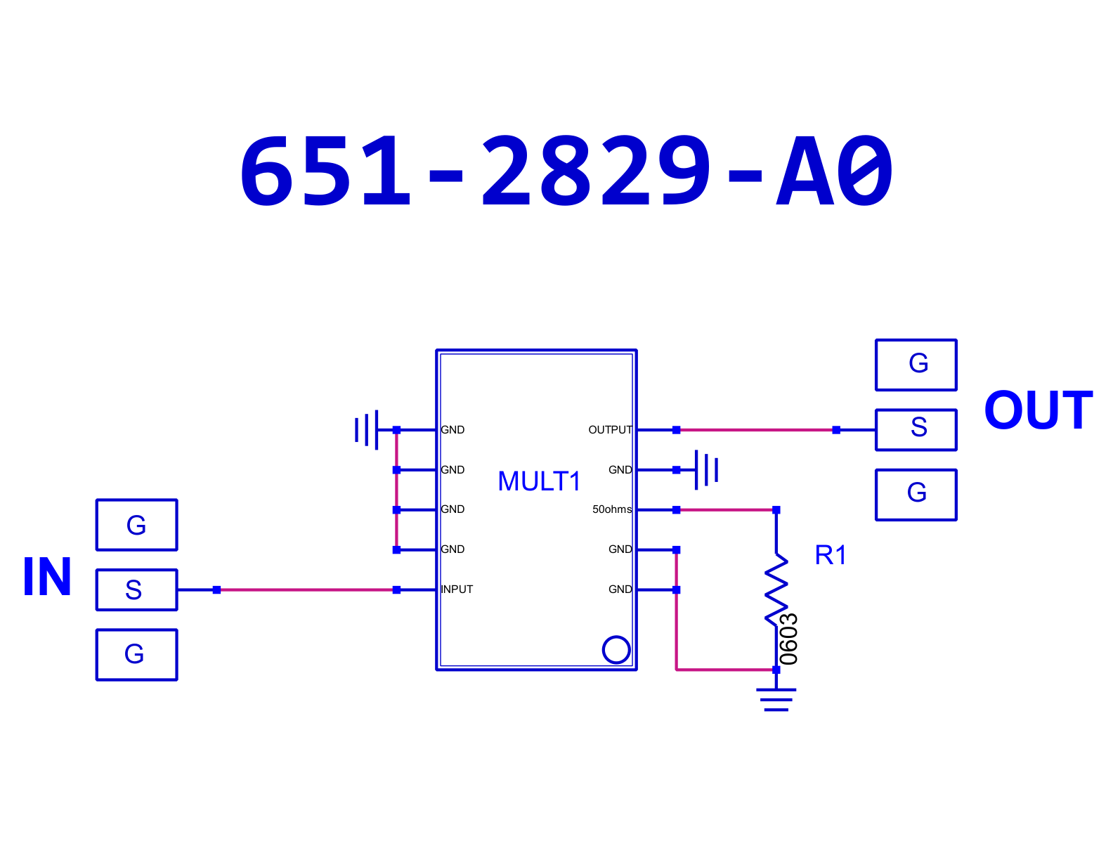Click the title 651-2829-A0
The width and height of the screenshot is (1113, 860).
point(566,170)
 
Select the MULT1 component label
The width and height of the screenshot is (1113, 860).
point(540,481)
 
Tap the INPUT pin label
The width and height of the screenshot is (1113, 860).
point(457,589)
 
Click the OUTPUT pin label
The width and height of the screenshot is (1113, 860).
point(610,430)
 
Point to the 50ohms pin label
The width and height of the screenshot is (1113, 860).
point(612,509)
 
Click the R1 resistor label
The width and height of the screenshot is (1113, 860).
point(831,555)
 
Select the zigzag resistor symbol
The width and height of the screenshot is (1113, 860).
point(776,590)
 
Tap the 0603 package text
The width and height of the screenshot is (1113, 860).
point(789,639)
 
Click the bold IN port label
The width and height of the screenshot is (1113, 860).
point(47,577)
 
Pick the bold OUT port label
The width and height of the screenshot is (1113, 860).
point(1039,410)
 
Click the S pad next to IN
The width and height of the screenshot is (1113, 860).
point(137,590)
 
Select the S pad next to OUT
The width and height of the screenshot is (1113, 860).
point(916,430)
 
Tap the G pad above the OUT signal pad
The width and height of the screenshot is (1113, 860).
point(916,365)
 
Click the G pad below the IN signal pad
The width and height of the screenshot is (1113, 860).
point(137,655)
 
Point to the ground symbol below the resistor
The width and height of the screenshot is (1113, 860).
point(776,700)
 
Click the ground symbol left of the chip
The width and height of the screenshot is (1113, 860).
point(367,430)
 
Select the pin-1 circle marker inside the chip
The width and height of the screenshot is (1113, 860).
point(616,650)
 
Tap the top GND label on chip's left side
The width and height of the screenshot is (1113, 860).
point(453,430)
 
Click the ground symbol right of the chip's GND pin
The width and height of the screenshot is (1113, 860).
point(707,469)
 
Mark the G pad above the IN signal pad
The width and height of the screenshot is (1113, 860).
point(137,525)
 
